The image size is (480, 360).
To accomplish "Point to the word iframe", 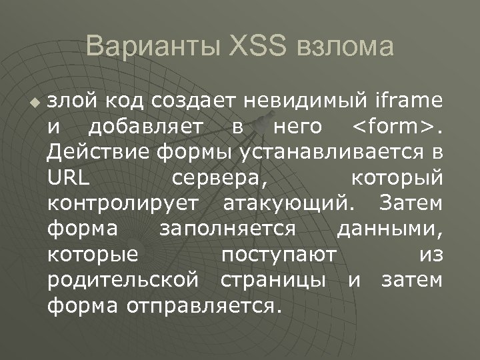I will pos(407,101).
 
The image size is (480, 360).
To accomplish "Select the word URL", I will pos(69,178).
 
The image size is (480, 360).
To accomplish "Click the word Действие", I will pos(100,152).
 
